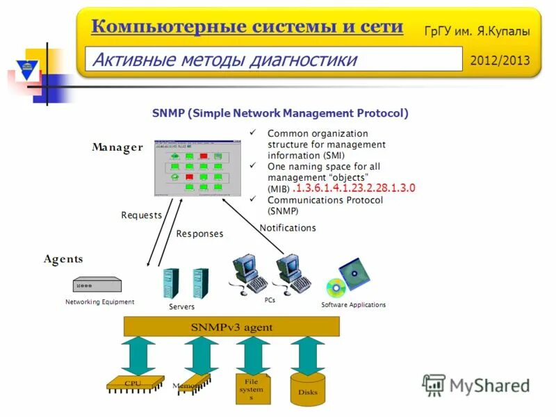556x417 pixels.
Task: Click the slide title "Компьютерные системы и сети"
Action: click(x=247, y=27)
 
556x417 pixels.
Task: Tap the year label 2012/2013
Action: click(x=500, y=60)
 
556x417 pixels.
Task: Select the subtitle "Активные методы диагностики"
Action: click(x=224, y=60)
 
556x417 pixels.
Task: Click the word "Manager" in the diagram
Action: click(x=117, y=147)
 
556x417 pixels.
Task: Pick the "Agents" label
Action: click(x=63, y=259)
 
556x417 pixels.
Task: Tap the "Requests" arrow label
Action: click(x=141, y=215)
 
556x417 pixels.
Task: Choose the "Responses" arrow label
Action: click(x=199, y=234)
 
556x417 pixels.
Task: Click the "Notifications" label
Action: click(x=287, y=228)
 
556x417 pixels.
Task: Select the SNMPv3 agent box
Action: click(x=231, y=327)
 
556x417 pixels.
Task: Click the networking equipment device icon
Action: click(x=97, y=285)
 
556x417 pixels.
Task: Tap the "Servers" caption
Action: click(x=182, y=306)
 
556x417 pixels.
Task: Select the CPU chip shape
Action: click(x=134, y=382)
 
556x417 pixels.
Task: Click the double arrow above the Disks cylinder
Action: click(x=308, y=355)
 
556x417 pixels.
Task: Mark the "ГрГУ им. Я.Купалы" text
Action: click(x=477, y=31)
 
